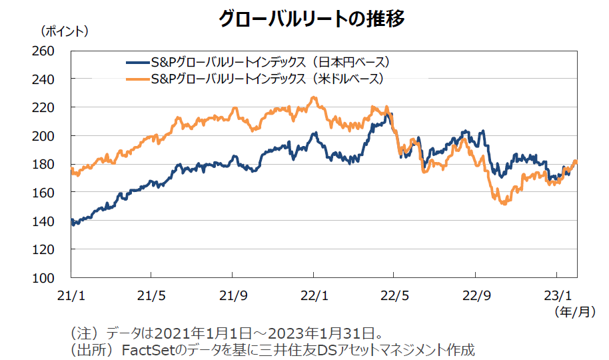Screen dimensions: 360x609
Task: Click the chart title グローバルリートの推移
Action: [312, 19]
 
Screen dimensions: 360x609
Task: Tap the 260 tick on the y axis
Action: [52, 51]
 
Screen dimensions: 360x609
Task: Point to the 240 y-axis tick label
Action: [52, 79]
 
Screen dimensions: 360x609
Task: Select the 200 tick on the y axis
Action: [52, 136]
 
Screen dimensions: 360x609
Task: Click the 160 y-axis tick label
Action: [52, 193]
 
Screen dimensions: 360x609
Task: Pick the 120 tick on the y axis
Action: [52, 249]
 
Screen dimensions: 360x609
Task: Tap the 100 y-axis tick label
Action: [52, 277]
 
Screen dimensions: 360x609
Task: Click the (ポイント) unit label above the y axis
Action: [65, 31]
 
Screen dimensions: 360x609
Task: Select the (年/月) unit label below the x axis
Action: [573, 311]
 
